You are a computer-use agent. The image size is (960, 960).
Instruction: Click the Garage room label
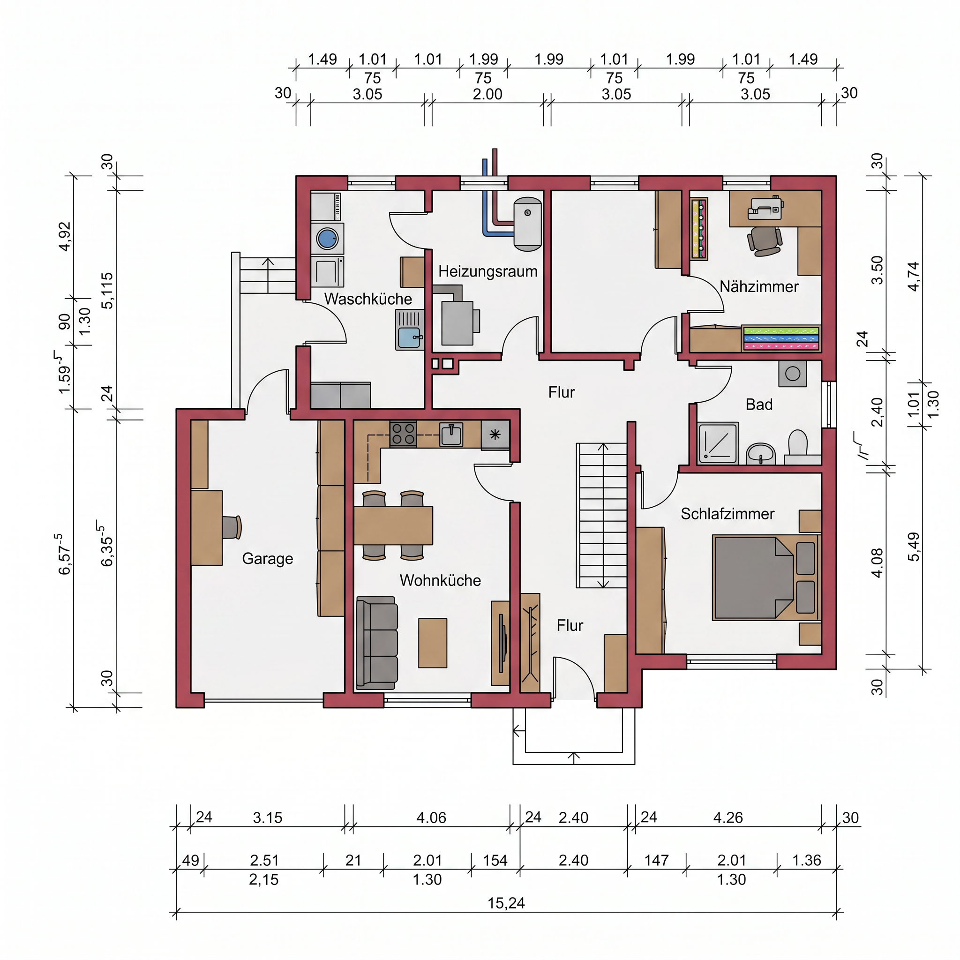click(267, 558)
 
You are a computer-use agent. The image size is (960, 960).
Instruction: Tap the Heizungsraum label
click(487, 271)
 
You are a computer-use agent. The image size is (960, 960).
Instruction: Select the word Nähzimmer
click(759, 286)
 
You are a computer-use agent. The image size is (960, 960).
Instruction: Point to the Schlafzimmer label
click(727, 514)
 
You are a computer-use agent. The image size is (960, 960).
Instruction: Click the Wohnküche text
click(440, 580)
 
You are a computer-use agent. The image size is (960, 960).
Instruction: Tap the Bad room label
click(759, 405)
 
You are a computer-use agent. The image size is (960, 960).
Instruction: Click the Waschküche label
click(367, 299)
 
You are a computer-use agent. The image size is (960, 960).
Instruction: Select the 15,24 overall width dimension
click(506, 903)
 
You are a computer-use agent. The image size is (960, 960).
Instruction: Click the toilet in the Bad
click(797, 445)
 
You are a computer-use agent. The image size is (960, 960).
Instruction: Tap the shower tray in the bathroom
click(718, 443)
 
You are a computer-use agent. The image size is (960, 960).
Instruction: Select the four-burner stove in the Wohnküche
click(403, 434)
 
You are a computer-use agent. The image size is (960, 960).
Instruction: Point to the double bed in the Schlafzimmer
click(765, 577)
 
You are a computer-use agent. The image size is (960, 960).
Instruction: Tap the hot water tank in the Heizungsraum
click(528, 223)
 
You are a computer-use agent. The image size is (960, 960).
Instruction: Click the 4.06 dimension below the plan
click(431, 817)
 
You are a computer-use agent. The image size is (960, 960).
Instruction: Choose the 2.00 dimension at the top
click(487, 94)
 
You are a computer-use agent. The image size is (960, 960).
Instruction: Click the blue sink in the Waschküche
click(409, 338)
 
